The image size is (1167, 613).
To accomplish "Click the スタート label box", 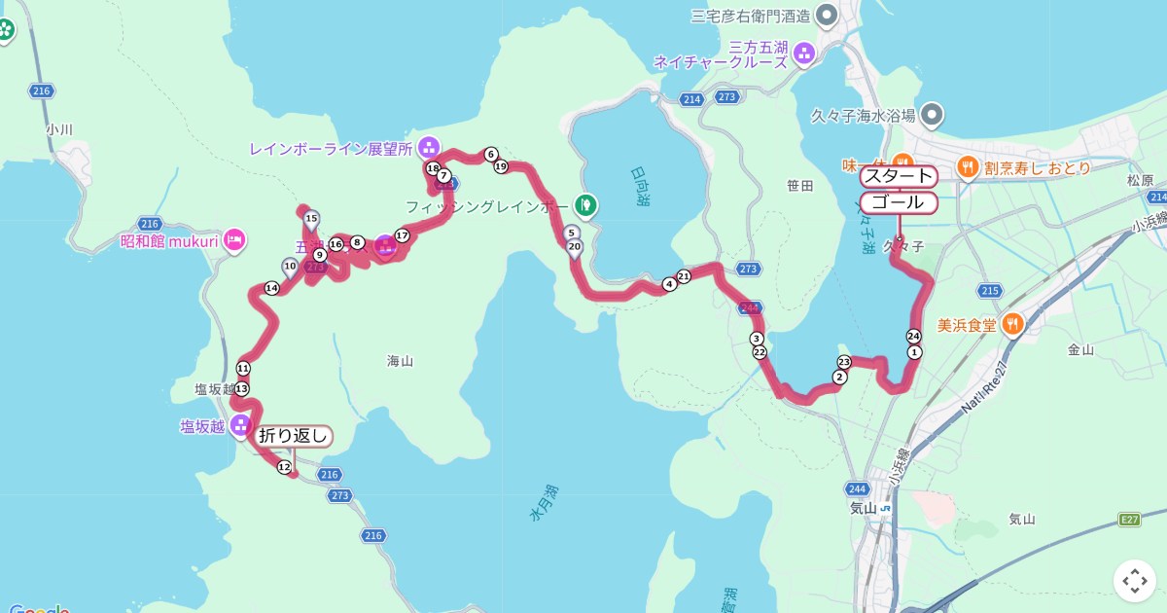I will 898,176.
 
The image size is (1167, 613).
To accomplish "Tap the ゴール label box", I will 898,202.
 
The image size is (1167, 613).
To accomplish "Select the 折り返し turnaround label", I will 294,436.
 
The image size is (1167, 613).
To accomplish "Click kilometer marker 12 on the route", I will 284,468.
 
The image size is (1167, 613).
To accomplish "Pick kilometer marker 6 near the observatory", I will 491,154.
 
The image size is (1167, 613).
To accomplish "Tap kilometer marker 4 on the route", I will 669,284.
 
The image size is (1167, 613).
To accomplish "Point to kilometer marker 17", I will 402,235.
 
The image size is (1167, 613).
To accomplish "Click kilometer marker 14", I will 271,288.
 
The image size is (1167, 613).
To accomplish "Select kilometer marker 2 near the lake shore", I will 839,377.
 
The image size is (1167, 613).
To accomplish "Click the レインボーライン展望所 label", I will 331,149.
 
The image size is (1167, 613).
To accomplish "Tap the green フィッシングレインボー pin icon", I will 584,205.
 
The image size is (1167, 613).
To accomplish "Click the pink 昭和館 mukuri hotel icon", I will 234,239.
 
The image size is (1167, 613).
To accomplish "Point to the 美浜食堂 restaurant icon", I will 1012,325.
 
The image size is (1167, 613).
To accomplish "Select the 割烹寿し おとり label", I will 1036,167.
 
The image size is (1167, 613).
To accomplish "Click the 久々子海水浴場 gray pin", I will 932,116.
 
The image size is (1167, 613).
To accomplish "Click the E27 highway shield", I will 1128,520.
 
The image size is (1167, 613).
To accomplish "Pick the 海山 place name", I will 400,361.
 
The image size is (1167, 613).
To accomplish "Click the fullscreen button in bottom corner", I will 1134,581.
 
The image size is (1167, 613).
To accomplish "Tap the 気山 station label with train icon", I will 864,508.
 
